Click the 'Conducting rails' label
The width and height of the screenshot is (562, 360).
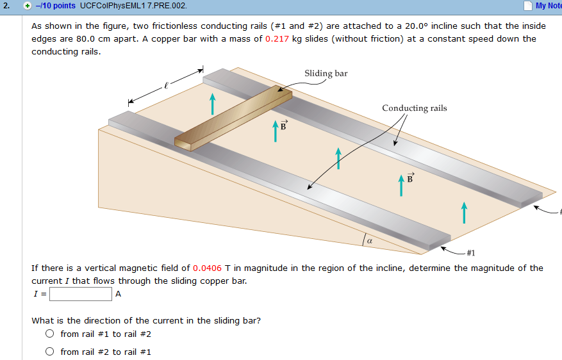414,108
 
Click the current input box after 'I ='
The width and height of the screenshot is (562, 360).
81,294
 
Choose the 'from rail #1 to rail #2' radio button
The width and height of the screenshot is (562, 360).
49,334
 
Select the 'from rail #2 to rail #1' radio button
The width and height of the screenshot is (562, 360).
49,352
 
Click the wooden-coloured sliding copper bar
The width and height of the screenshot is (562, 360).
233,119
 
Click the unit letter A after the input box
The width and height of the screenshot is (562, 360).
118,294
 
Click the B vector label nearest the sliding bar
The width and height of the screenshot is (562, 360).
281,126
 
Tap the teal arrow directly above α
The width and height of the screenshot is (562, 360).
338,158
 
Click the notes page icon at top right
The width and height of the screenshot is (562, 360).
527,6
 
